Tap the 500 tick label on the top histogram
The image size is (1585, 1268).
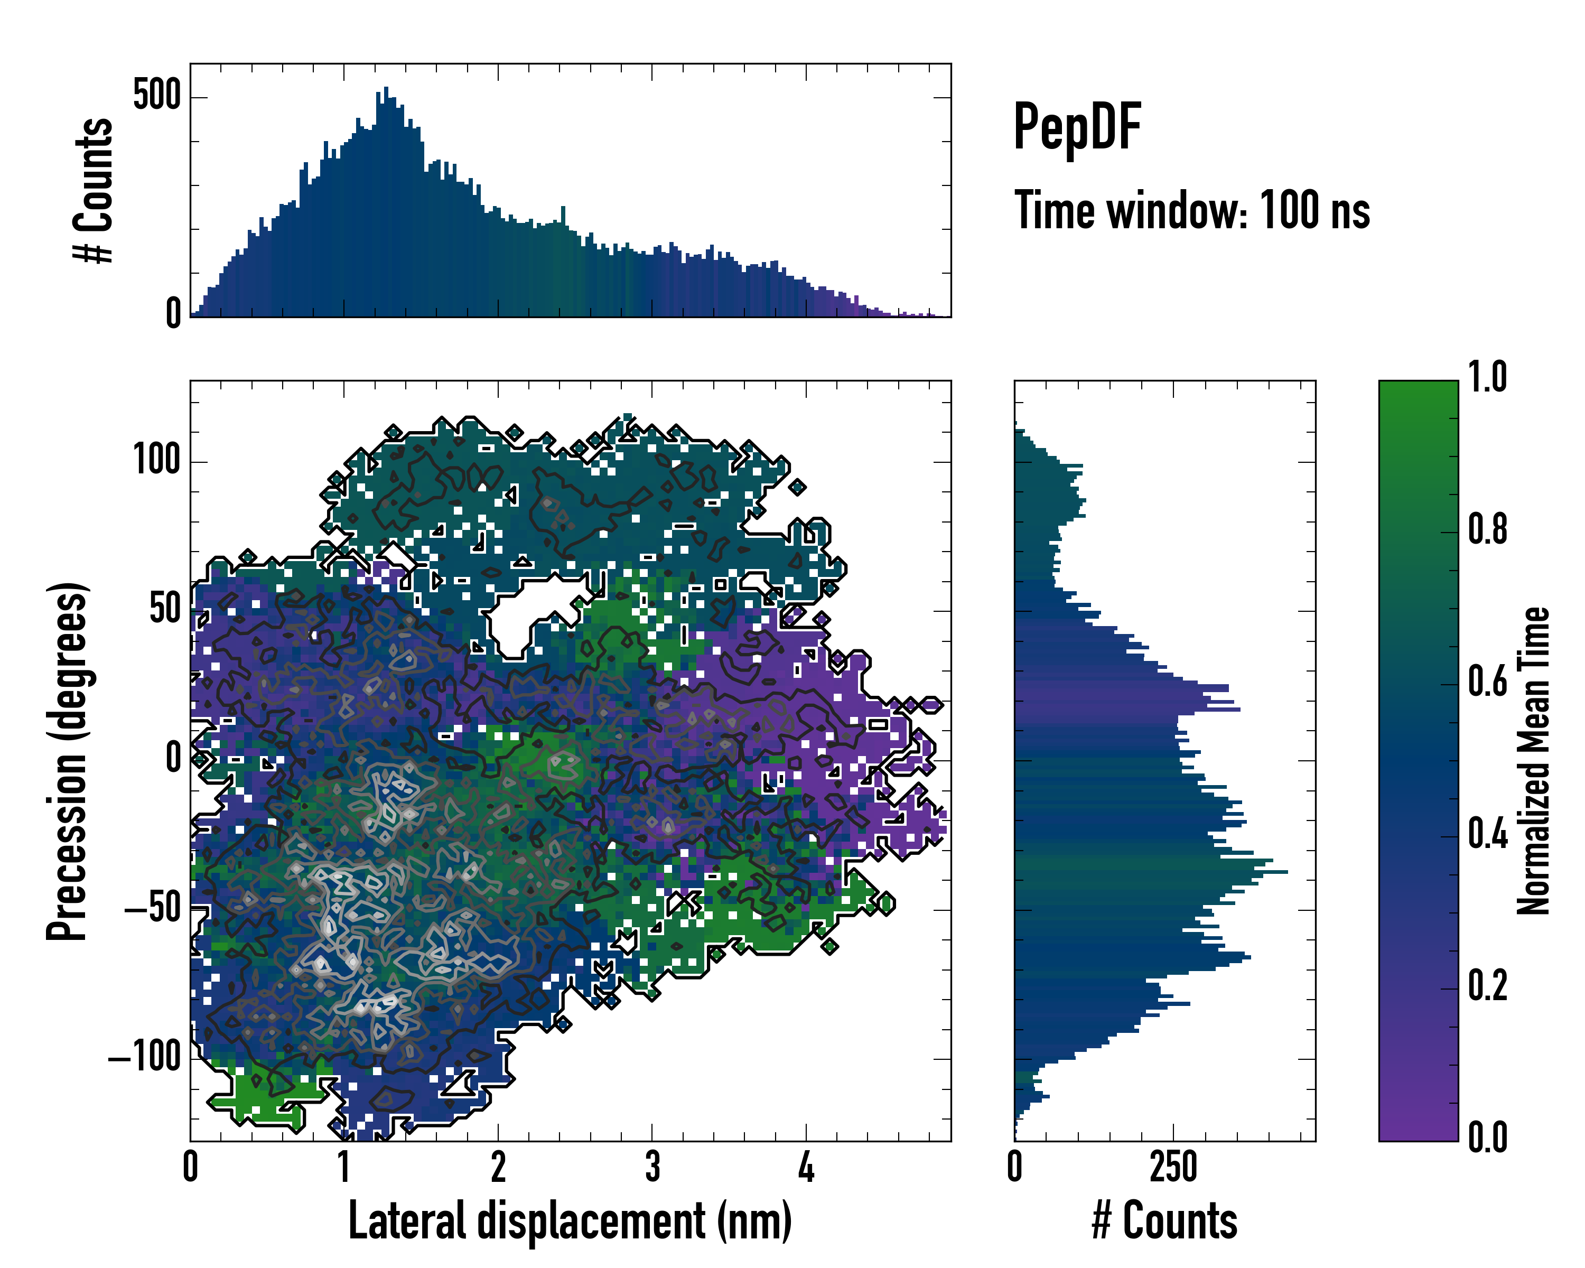click(x=156, y=96)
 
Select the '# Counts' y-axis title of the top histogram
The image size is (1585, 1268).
click(x=94, y=190)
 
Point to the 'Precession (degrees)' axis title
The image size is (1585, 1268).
click(x=68, y=761)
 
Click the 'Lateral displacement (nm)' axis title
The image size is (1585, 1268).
click(x=570, y=1220)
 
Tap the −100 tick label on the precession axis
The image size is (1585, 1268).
click(x=145, y=1058)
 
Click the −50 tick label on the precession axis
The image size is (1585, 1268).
click(x=153, y=909)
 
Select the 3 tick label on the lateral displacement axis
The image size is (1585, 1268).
click(x=652, y=1167)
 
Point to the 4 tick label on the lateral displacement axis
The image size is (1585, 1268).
click(x=806, y=1167)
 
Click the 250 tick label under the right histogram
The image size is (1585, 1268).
click(x=1173, y=1167)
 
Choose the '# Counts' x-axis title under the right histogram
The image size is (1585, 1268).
click(x=1164, y=1220)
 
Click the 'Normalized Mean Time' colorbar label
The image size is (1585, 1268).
click(x=1534, y=761)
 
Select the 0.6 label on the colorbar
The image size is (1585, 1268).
click(x=1487, y=682)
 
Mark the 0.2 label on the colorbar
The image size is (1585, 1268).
click(x=1487, y=986)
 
